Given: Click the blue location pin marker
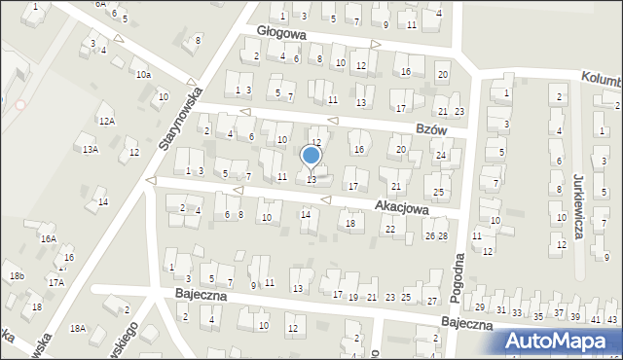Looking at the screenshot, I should tap(311, 156).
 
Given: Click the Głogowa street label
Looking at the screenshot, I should tap(282, 32).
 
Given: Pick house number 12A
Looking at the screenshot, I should tap(107, 121).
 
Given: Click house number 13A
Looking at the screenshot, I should tap(91, 150).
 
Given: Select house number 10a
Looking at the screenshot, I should tap(143, 75).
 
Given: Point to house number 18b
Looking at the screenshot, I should tap(17, 276).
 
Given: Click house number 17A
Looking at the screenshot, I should tap(56, 282).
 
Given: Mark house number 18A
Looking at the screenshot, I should tap(78, 329).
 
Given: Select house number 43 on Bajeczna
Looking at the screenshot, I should tap(611, 319).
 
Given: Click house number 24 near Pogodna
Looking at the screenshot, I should tap(440, 156).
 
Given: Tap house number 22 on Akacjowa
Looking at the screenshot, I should tap(390, 229).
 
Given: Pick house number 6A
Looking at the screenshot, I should tap(100, 4).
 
